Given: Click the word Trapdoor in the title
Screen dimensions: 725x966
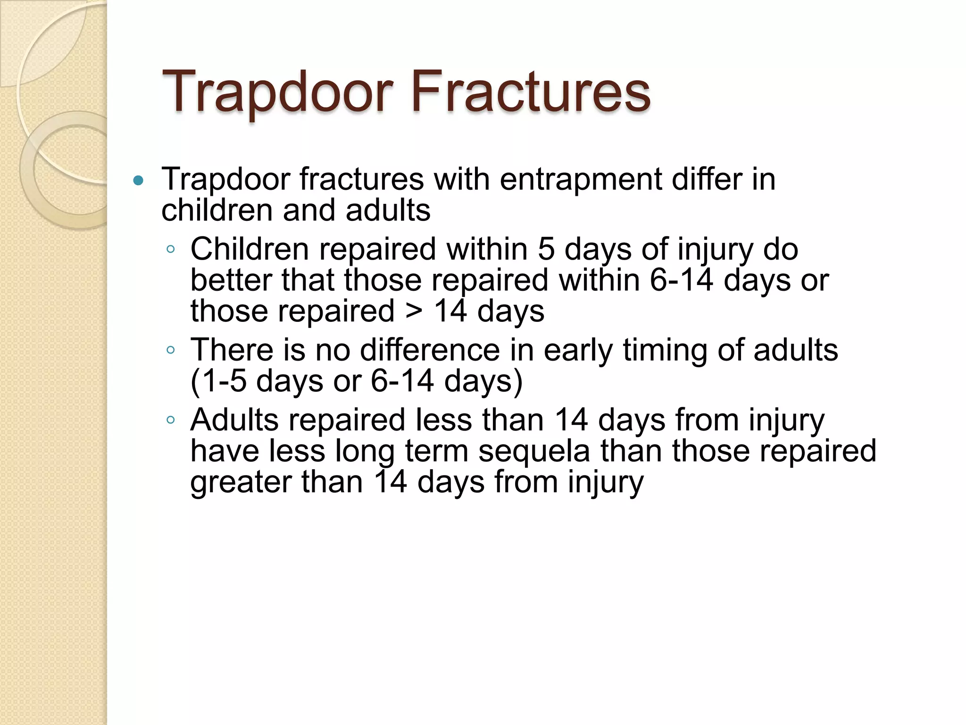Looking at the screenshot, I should click(x=277, y=92).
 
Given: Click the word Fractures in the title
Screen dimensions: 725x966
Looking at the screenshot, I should click(x=531, y=92).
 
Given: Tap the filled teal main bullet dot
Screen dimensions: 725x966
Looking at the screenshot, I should click(x=138, y=180).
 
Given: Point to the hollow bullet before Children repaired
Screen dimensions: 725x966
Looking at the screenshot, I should click(x=171, y=249).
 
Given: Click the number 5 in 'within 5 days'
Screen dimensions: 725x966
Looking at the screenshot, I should click(x=546, y=249).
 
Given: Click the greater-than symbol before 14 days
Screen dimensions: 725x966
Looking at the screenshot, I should click(x=414, y=312).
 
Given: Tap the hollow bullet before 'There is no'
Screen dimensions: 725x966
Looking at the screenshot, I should click(x=171, y=350).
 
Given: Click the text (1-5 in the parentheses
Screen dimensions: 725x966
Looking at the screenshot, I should click(x=218, y=381).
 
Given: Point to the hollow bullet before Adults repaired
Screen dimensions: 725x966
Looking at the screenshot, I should click(x=171, y=420).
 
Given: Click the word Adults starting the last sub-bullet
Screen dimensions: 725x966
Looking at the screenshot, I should click(x=234, y=420).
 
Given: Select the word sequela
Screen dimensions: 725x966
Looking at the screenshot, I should click(x=534, y=451).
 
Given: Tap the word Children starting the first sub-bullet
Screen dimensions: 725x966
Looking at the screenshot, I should click(x=250, y=249).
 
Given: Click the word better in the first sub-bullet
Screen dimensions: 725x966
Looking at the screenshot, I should click(x=231, y=280).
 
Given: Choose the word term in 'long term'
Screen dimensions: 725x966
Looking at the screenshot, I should click(x=436, y=451).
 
